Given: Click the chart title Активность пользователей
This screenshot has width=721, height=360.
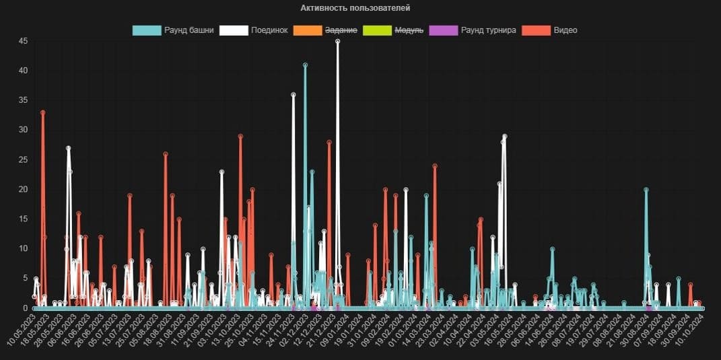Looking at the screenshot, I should tap(355, 8).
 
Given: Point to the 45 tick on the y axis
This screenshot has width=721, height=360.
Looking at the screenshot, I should tap(23, 41).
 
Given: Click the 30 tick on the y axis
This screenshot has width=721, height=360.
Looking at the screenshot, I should tap(23, 130).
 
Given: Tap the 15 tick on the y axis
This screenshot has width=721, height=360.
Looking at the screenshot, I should tap(23, 219).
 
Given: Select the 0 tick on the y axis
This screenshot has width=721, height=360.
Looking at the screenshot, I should tap(25, 308).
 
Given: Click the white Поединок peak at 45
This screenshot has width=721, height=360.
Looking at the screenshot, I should tap(337, 41).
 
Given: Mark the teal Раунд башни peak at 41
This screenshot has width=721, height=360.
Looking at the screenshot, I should tap(305, 65).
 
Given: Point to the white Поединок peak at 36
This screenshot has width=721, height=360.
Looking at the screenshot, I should tap(293, 95).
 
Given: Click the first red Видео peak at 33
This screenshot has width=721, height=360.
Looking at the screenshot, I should tap(42, 112).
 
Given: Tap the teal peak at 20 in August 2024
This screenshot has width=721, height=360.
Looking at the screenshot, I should tap(646, 190).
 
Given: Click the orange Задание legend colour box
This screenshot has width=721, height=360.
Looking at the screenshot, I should tap(308, 30).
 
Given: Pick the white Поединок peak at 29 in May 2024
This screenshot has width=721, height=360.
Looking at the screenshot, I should tap(504, 137).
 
